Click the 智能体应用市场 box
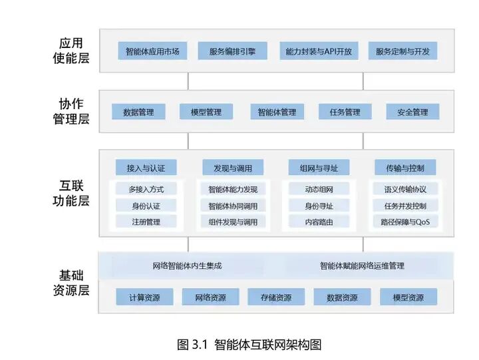(x=152, y=51)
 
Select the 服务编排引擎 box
(x=232, y=51)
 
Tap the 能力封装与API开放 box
(x=319, y=51)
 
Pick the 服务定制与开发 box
(x=402, y=51)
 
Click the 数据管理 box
(x=138, y=112)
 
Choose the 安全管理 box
(x=412, y=112)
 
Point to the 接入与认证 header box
(x=146, y=168)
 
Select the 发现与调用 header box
(x=233, y=168)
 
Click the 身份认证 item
(x=146, y=206)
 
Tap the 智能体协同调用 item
(x=233, y=206)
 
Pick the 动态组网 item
(x=319, y=189)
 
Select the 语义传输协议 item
(x=405, y=189)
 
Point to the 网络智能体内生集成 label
(x=187, y=266)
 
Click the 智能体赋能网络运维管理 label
(x=362, y=266)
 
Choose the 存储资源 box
(x=276, y=297)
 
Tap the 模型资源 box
(x=408, y=297)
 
